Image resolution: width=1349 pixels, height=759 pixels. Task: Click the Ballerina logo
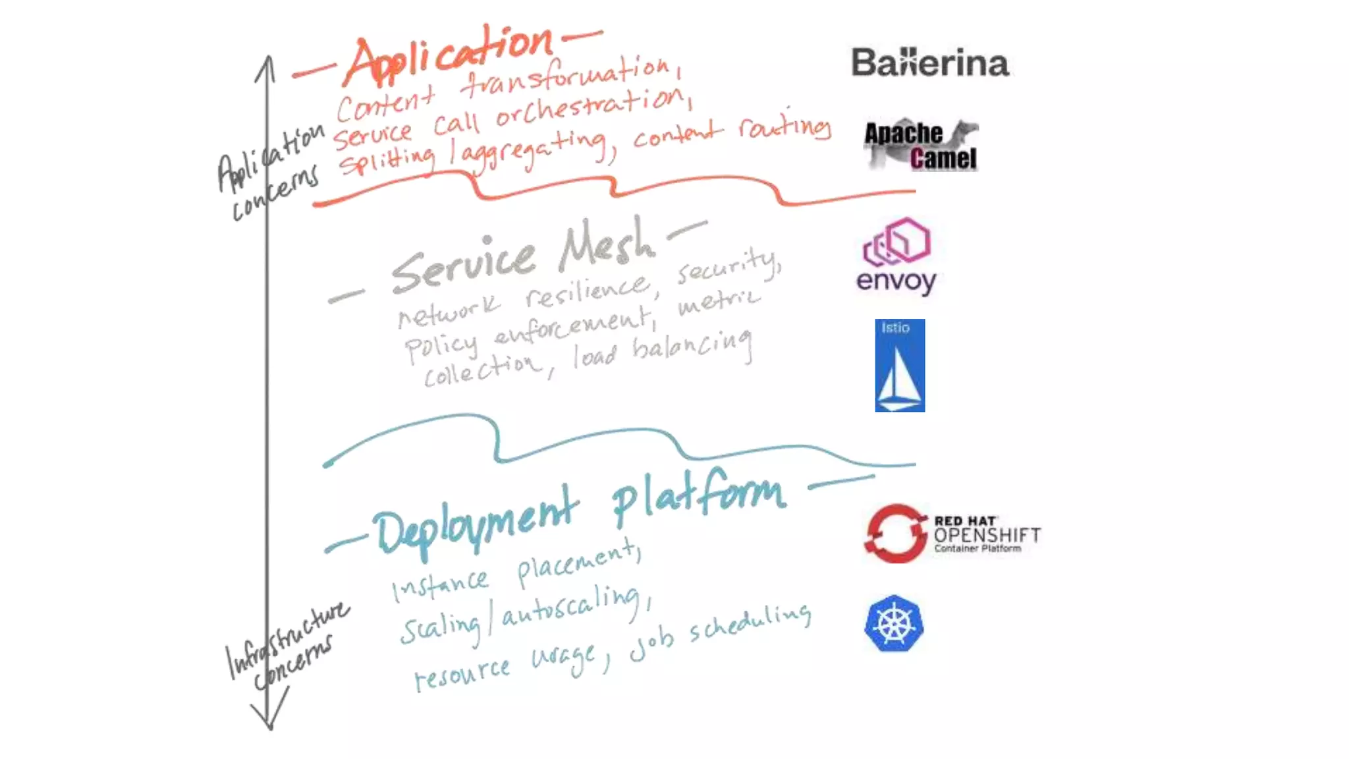pos(929,63)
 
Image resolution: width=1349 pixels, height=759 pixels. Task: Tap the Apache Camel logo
pos(921,146)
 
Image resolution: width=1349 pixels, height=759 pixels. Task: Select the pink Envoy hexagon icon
pos(897,241)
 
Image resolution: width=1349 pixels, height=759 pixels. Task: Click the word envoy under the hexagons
pos(896,281)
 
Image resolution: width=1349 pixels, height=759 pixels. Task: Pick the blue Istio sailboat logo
pos(900,366)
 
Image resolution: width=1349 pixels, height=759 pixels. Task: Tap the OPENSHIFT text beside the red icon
pos(987,535)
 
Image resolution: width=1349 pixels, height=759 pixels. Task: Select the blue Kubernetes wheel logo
pos(894,624)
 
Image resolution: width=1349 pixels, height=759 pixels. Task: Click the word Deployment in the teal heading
pos(474,524)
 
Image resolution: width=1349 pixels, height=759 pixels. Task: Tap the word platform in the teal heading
pos(698,497)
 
